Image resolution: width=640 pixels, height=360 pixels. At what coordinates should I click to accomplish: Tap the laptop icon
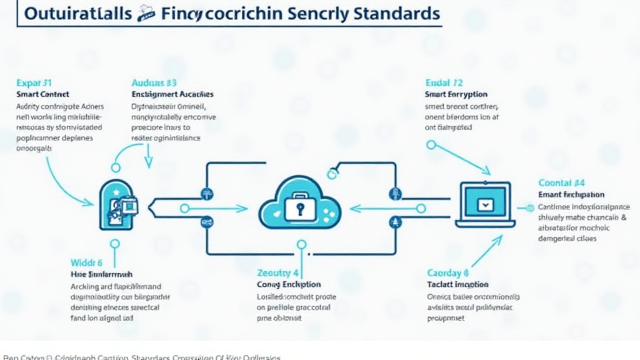pos(485,204)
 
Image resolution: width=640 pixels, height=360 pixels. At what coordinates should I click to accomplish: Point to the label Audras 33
pos(154,82)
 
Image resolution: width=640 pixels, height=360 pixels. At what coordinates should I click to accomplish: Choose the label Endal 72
pos(444,82)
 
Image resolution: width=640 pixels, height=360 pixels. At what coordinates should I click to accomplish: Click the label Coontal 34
pos(561,183)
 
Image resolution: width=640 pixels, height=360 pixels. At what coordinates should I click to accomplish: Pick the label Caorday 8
pos(447,272)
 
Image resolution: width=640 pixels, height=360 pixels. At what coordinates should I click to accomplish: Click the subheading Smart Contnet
pos(43,94)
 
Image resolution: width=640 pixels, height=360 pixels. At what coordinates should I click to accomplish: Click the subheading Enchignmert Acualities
pos(172,94)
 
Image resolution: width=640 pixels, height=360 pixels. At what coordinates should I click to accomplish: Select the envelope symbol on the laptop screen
pos(484,204)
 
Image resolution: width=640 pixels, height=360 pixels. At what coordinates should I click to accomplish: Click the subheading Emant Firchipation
pos(571,195)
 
